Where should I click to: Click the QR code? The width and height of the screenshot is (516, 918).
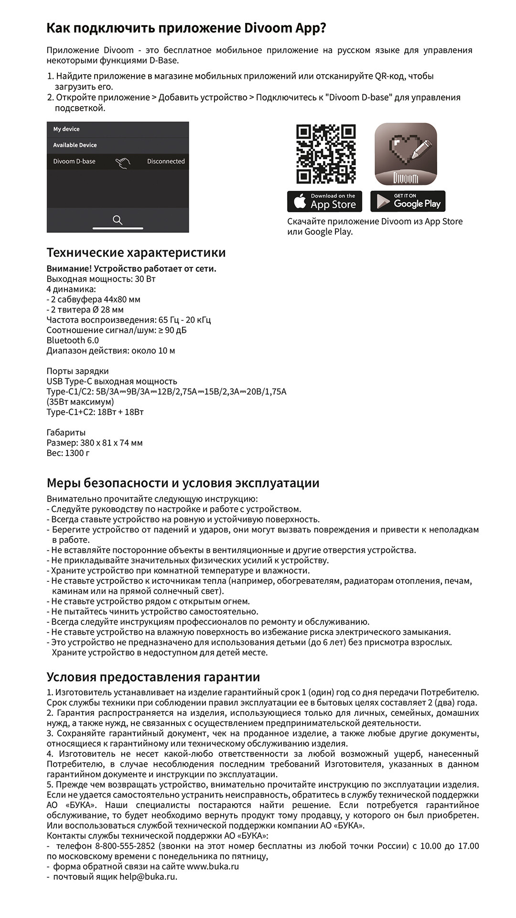tap(326, 154)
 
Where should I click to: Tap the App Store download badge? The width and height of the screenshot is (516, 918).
tap(324, 201)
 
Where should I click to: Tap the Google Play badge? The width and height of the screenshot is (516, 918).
tap(408, 201)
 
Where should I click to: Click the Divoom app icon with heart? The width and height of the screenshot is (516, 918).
tap(406, 154)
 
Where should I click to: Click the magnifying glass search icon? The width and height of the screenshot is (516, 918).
tap(118, 220)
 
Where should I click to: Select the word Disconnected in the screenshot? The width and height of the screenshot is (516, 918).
tap(166, 162)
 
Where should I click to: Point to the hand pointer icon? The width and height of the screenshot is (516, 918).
tap(123, 163)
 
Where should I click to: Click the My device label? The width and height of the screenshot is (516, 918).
tap(66, 129)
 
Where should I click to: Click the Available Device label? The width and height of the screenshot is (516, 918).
tap(75, 145)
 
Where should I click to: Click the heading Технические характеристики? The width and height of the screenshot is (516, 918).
tap(136, 252)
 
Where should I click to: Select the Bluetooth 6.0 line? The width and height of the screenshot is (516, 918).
tap(73, 340)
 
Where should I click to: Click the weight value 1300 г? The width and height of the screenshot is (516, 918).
tap(77, 453)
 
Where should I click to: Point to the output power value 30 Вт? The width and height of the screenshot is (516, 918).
tap(145, 279)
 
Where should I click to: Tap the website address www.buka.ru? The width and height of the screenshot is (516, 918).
tap(213, 866)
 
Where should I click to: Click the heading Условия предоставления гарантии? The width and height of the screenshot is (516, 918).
tap(153, 677)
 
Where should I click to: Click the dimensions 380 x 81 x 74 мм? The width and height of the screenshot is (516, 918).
tap(111, 443)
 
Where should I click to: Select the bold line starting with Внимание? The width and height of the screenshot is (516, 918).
tap(131, 269)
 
